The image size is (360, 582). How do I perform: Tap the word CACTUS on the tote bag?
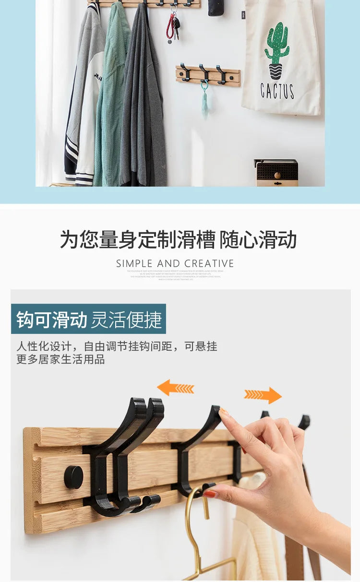click(277, 90)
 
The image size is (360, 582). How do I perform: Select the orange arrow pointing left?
click(175, 388)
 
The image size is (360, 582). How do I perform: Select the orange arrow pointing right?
click(263, 395)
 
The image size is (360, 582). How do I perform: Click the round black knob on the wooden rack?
click(73, 477)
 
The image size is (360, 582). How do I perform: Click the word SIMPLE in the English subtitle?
click(134, 263)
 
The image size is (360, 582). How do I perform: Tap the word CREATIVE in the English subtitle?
click(209, 263)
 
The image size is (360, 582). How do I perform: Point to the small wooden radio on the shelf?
click(276, 173)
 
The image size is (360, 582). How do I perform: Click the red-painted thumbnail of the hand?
click(210, 494)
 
